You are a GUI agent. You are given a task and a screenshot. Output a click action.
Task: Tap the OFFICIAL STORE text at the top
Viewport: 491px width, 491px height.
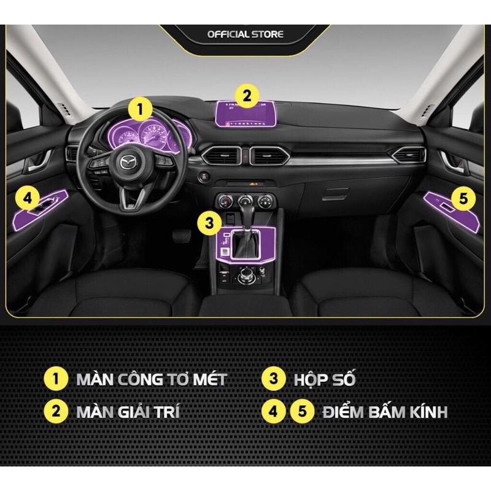point(245,34)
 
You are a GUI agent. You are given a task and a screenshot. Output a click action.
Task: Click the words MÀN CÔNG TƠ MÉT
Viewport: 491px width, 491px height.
point(151,379)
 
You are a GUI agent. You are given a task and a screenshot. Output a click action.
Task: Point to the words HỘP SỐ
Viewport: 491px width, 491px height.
point(328,379)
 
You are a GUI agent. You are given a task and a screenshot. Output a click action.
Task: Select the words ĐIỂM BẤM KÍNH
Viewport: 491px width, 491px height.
point(385,411)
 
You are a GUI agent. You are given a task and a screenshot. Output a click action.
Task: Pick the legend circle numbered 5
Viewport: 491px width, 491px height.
point(301,411)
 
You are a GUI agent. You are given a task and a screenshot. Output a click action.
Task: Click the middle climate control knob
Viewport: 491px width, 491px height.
point(246,201)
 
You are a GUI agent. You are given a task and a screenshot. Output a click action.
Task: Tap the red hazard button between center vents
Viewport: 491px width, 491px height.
point(245,156)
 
